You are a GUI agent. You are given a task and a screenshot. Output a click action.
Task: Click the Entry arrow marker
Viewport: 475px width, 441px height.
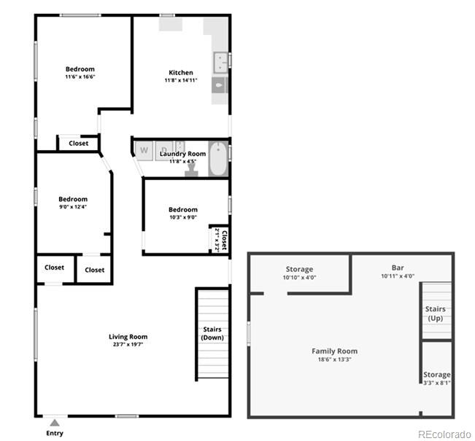pyautogui.click(x=55, y=423)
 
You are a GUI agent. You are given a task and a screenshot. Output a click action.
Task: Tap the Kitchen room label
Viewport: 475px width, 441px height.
pyautogui.click(x=181, y=72)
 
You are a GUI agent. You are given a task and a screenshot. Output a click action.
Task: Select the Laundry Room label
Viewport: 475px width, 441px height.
pyautogui.click(x=182, y=154)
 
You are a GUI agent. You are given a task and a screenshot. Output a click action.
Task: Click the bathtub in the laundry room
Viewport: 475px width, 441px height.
pyautogui.click(x=218, y=159)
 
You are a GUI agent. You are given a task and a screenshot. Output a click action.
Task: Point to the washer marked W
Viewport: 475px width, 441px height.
pyautogui.click(x=144, y=150)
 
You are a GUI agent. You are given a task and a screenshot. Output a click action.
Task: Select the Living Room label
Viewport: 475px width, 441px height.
pyautogui.click(x=128, y=337)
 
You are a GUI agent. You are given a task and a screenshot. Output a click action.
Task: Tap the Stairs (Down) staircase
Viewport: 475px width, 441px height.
pyautogui.click(x=213, y=334)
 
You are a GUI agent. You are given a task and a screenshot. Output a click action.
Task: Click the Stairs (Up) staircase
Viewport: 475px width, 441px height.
pyautogui.click(x=436, y=313)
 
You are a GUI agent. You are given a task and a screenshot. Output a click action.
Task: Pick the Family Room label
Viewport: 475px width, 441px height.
pyautogui.click(x=334, y=351)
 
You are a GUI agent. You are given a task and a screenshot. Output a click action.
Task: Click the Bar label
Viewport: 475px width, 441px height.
pyautogui.click(x=398, y=268)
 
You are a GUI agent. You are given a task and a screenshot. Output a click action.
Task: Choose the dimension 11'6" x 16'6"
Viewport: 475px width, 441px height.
pyautogui.click(x=80, y=77)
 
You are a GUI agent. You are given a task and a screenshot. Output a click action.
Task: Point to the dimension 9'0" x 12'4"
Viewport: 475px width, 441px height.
pyautogui.click(x=73, y=207)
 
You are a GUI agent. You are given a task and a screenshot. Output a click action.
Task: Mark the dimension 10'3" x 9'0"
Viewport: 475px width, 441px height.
pyautogui.click(x=182, y=217)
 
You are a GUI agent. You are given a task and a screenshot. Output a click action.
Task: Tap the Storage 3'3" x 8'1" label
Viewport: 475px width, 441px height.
pyautogui.click(x=438, y=382)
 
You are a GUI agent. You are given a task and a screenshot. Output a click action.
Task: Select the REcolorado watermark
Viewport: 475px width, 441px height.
pyautogui.click(x=445, y=434)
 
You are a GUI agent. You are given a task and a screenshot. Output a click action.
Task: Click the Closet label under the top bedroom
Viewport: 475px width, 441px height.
pyautogui.click(x=79, y=144)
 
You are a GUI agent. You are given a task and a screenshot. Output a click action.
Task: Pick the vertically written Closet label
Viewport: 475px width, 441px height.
pyautogui.click(x=224, y=240)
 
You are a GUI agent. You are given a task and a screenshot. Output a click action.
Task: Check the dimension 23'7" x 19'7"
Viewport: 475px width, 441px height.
pyautogui.click(x=128, y=345)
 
